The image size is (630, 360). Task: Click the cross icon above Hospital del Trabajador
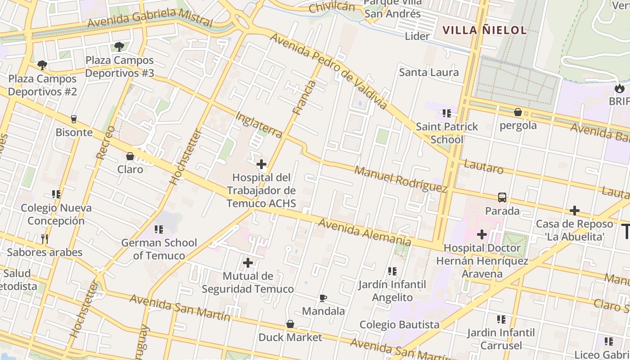pyautogui.click(x=261, y=164)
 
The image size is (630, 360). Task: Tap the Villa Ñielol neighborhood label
pyautogui.click(x=484, y=30)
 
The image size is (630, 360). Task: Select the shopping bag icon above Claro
pyautogui.click(x=130, y=156)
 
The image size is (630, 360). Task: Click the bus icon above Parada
pyautogui.click(x=502, y=197)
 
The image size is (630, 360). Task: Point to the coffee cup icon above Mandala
pyautogui.click(x=323, y=298)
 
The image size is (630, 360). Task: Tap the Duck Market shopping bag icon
pyautogui.click(x=290, y=324)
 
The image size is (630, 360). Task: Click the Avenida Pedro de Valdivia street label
pyautogui.click(x=328, y=71)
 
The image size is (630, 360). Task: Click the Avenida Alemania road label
pyautogui.click(x=364, y=232)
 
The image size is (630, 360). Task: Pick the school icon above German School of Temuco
pyautogui.click(x=158, y=229)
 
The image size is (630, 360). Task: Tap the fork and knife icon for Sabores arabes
pyautogui.click(x=44, y=238)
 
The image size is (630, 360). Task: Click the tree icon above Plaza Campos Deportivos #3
pyautogui.click(x=119, y=46)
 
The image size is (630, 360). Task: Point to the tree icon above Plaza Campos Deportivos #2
pyautogui.click(x=42, y=65)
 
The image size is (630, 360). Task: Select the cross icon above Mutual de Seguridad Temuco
pyautogui.click(x=247, y=263)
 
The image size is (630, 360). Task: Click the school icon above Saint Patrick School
pyautogui.click(x=446, y=113)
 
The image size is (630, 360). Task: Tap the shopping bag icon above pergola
pyautogui.click(x=518, y=112)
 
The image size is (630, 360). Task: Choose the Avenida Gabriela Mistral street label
pyautogui.click(x=150, y=18)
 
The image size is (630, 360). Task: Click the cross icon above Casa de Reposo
pyautogui.click(x=574, y=210)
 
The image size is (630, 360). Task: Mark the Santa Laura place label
pyautogui.click(x=429, y=72)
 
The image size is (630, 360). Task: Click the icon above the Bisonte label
pyautogui.click(x=74, y=119)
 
